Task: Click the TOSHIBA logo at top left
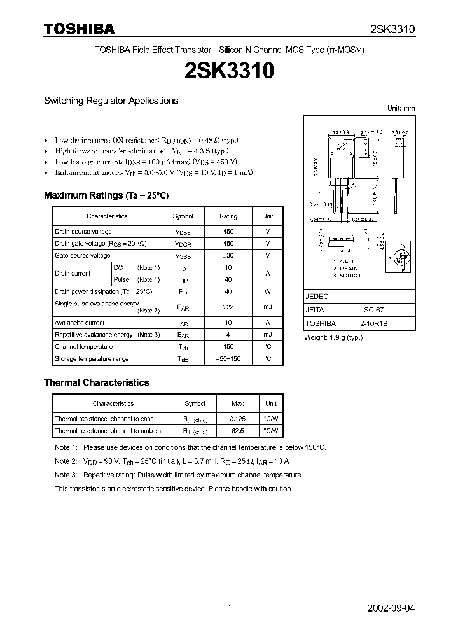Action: (79, 29)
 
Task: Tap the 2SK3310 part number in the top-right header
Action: (392, 29)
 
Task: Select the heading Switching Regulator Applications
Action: (111, 101)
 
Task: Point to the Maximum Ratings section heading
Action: (106, 195)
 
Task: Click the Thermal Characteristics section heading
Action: (96, 382)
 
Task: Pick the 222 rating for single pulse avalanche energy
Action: (228, 307)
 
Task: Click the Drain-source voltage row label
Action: (83, 232)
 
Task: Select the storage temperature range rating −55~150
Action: (228, 359)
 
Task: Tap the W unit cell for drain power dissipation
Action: (268, 291)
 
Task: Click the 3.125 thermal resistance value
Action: (237, 419)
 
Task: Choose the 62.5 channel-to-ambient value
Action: (237, 431)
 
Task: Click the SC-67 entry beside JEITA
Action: (373, 310)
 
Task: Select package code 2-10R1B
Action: (373, 323)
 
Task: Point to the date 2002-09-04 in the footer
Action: (391, 608)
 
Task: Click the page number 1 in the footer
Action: (229, 608)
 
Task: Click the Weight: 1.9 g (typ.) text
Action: (333, 337)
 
